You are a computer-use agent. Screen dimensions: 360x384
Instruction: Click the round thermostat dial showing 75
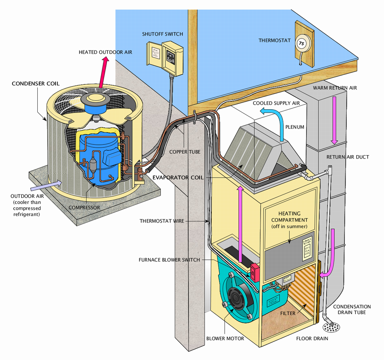(301, 43)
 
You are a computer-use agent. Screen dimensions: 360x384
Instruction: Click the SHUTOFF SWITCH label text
(162, 34)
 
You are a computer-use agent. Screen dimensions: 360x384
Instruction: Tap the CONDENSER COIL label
(36, 84)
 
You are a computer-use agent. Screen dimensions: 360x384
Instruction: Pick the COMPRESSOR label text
(83, 207)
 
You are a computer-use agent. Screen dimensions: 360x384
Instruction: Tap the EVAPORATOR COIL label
(178, 178)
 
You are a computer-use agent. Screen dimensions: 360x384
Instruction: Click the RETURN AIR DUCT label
(348, 157)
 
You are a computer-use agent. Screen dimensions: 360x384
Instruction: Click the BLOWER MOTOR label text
(225, 338)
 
